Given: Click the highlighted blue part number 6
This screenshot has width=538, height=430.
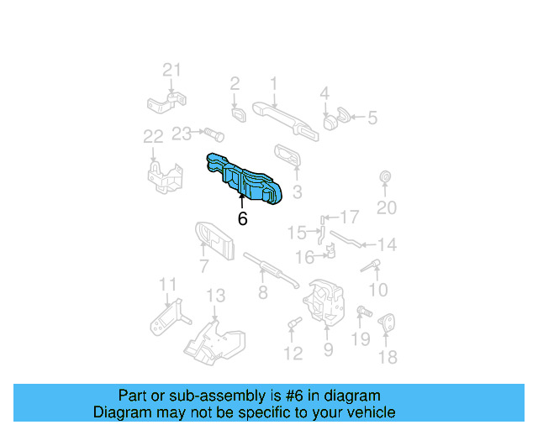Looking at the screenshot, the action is click(250, 177).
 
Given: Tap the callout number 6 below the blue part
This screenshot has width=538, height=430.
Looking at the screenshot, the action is click(243, 218).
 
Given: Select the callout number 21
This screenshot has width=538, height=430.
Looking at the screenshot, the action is click(171, 71).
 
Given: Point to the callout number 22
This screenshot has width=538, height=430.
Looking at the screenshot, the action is click(153, 136).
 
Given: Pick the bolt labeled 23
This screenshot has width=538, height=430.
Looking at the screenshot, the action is click(211, 133).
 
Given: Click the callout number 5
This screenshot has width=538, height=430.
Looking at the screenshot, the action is click(372, 118).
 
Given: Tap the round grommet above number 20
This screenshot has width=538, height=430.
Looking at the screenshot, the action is click(386, 177).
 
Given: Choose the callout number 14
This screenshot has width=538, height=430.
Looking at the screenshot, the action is click(386, 245).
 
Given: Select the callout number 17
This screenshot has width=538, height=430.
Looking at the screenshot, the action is click(349, 217).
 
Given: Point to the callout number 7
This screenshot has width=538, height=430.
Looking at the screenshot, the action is click(204, 267).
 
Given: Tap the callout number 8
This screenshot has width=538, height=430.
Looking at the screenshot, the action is click(263, 292).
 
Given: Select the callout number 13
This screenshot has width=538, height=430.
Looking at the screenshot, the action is click(216, 296).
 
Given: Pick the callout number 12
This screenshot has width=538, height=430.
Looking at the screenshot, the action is click(293, 354).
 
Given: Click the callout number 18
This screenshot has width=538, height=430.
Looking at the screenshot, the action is click(387, 358).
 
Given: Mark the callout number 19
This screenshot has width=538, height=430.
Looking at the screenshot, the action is click(360, 339).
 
